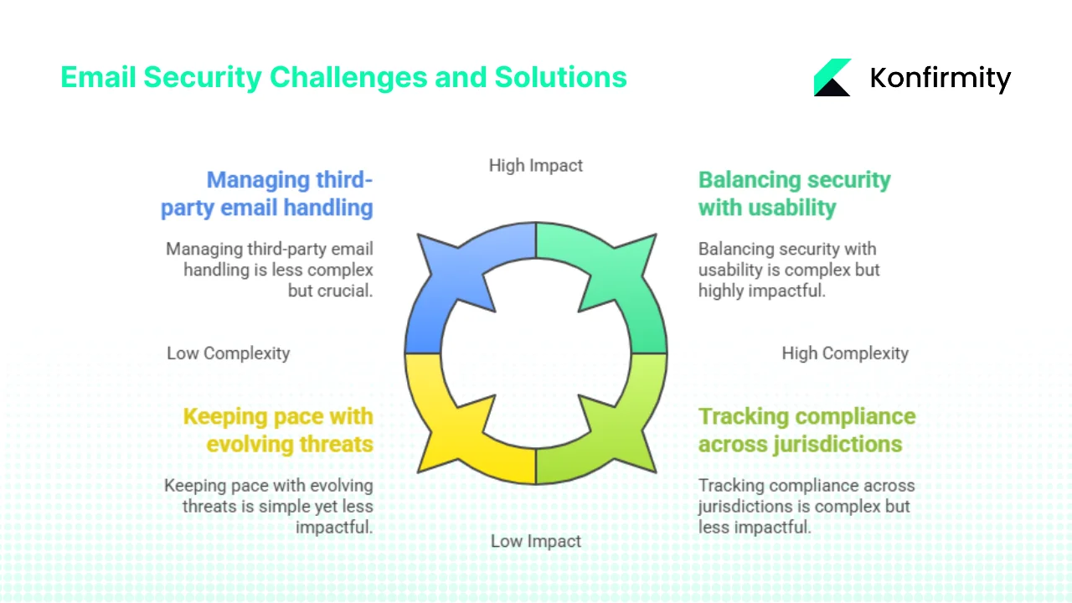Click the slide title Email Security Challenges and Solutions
click(x=343, y=77)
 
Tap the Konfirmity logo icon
click(x=832, y=78)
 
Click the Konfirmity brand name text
click(x=940, y=78)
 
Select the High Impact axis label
click(x=536, y=166)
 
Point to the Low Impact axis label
click(x=536, y=541)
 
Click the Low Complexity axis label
click(x=228, y=353)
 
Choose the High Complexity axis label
click(x=844, y=353)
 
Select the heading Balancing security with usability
click(x=794, y=193)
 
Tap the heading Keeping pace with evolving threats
click(x=278, y=430)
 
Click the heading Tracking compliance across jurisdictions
click(x=807, y=430)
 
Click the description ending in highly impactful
click(x=789, y=270)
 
